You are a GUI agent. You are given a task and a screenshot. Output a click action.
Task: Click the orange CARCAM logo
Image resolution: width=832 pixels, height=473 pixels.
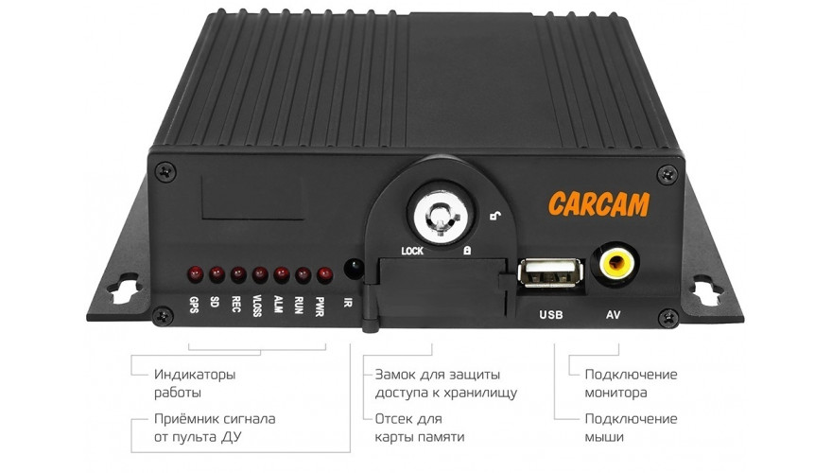coord(599,204)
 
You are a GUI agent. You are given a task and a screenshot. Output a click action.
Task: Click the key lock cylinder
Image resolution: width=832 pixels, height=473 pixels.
coord(440,216)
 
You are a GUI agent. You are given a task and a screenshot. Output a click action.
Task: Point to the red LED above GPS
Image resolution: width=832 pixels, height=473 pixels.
coord(196,274)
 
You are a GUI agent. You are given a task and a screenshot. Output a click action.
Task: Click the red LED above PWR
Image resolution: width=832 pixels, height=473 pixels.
coord(324,275)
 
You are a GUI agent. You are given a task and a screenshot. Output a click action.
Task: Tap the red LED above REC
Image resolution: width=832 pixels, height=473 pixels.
coord(238,274)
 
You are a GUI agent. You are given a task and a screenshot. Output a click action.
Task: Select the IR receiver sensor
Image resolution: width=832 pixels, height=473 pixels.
coord(354,268)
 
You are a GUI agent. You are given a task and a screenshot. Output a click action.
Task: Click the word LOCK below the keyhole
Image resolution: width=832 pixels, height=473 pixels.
coord(412,251)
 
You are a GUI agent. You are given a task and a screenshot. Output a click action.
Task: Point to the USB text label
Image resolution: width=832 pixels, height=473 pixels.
coord(551,315)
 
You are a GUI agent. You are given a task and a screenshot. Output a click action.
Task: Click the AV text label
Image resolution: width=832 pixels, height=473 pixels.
coord(614,315)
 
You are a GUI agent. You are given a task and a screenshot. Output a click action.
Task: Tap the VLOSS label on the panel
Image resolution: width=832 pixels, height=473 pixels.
coord(257,307)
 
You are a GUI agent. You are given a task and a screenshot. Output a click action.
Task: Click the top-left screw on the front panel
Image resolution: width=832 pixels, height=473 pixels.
coord(165,171)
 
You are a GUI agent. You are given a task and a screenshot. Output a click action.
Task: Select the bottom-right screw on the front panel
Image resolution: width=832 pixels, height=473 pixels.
coord(668,319)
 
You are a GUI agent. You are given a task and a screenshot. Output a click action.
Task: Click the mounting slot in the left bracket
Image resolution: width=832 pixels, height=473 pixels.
coord(125,289)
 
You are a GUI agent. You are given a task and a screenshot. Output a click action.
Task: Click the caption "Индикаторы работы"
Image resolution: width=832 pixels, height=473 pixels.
coord(195,383)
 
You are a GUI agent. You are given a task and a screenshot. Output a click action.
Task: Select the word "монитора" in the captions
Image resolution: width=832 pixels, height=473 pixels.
coord(615,394)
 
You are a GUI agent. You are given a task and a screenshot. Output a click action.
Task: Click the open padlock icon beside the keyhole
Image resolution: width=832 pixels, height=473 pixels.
coord(495,215)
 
